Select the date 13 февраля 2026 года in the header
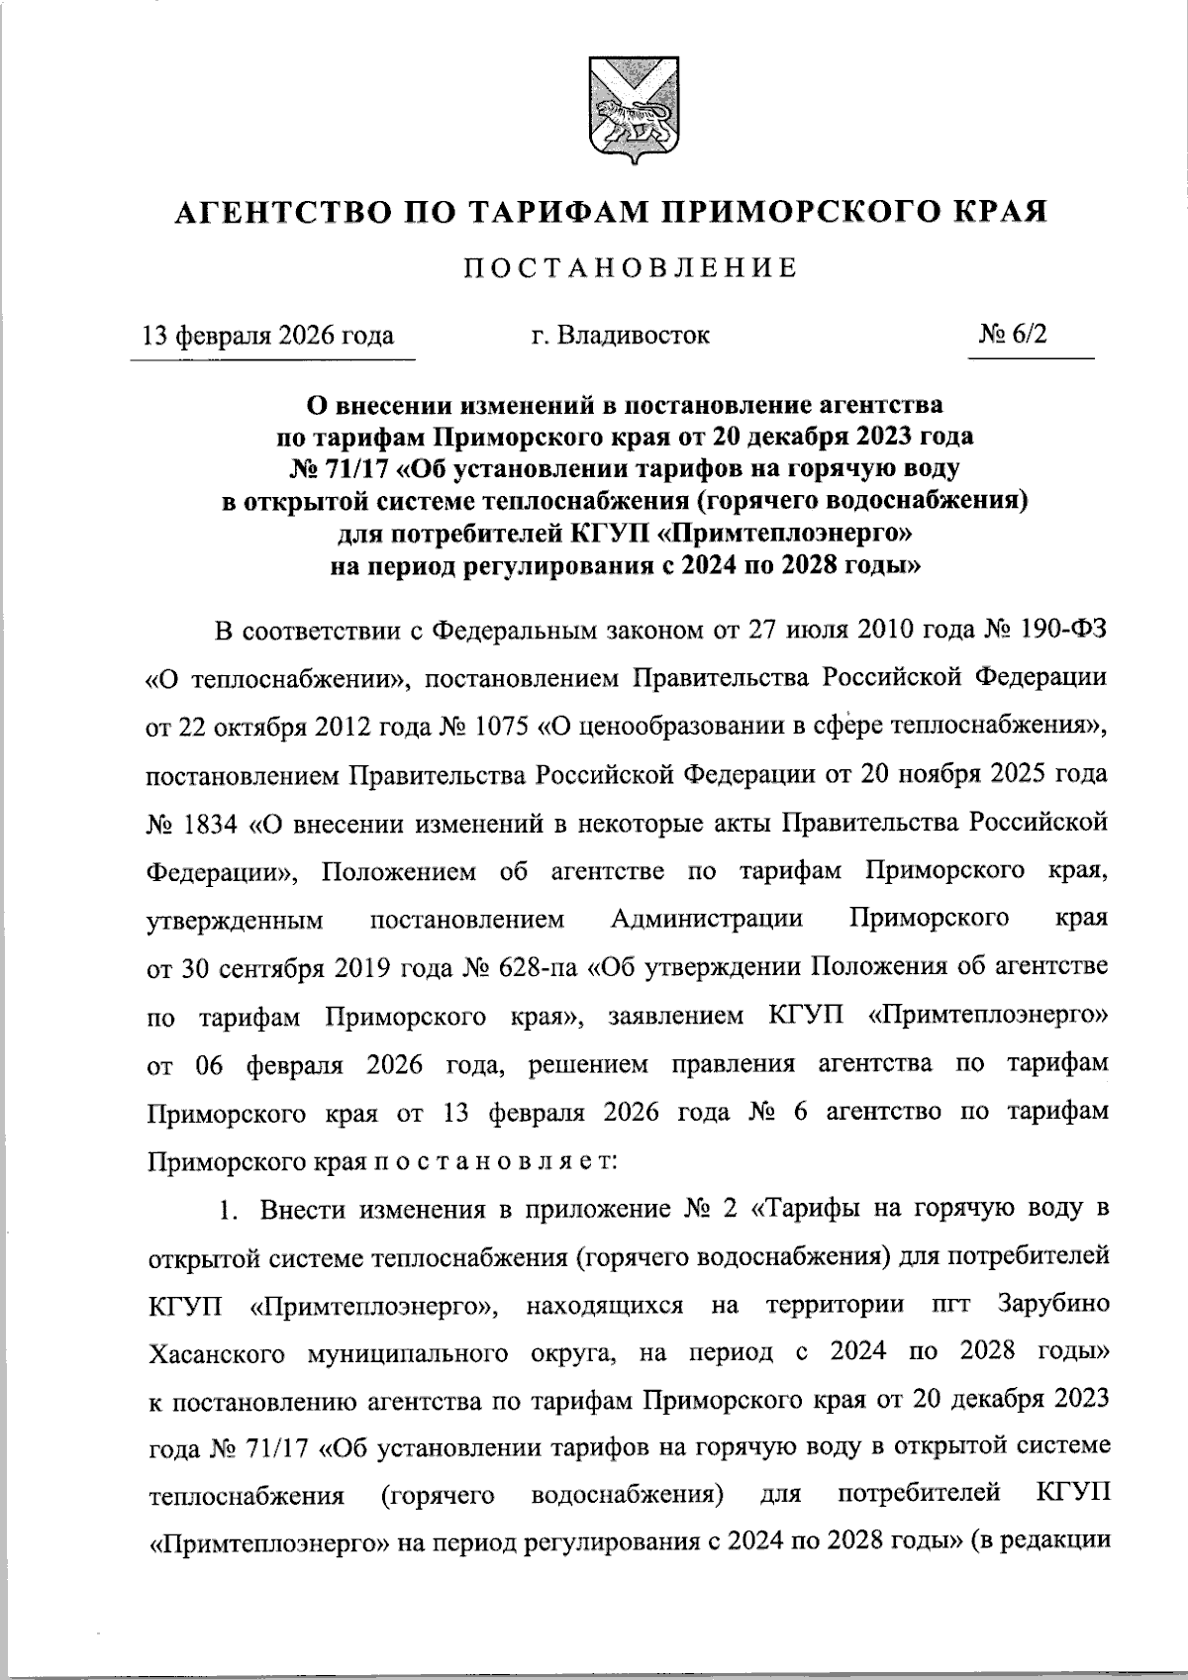(268, 336)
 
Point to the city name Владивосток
(635, 336)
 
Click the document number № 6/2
(1012, 335)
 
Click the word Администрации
(707, 919)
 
